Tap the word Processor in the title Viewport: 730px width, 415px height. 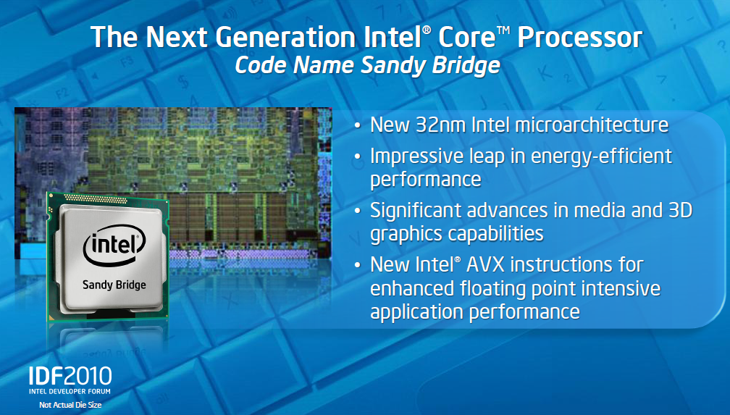[579, 37]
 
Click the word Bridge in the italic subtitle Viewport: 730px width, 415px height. [466, 65]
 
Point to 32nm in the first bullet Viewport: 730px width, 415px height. [441, 125]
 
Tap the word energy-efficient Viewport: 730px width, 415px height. [602, 156]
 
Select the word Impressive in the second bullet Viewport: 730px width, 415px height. [416, 156]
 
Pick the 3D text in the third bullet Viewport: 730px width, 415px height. [680, 211]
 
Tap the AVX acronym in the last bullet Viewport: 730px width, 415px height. [485, 264]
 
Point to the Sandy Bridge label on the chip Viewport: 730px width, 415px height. [114, 285]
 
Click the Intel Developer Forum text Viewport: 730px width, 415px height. [70, 391]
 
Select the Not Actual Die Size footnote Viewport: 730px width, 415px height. [70, 405]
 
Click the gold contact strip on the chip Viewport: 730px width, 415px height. [96, 199]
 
